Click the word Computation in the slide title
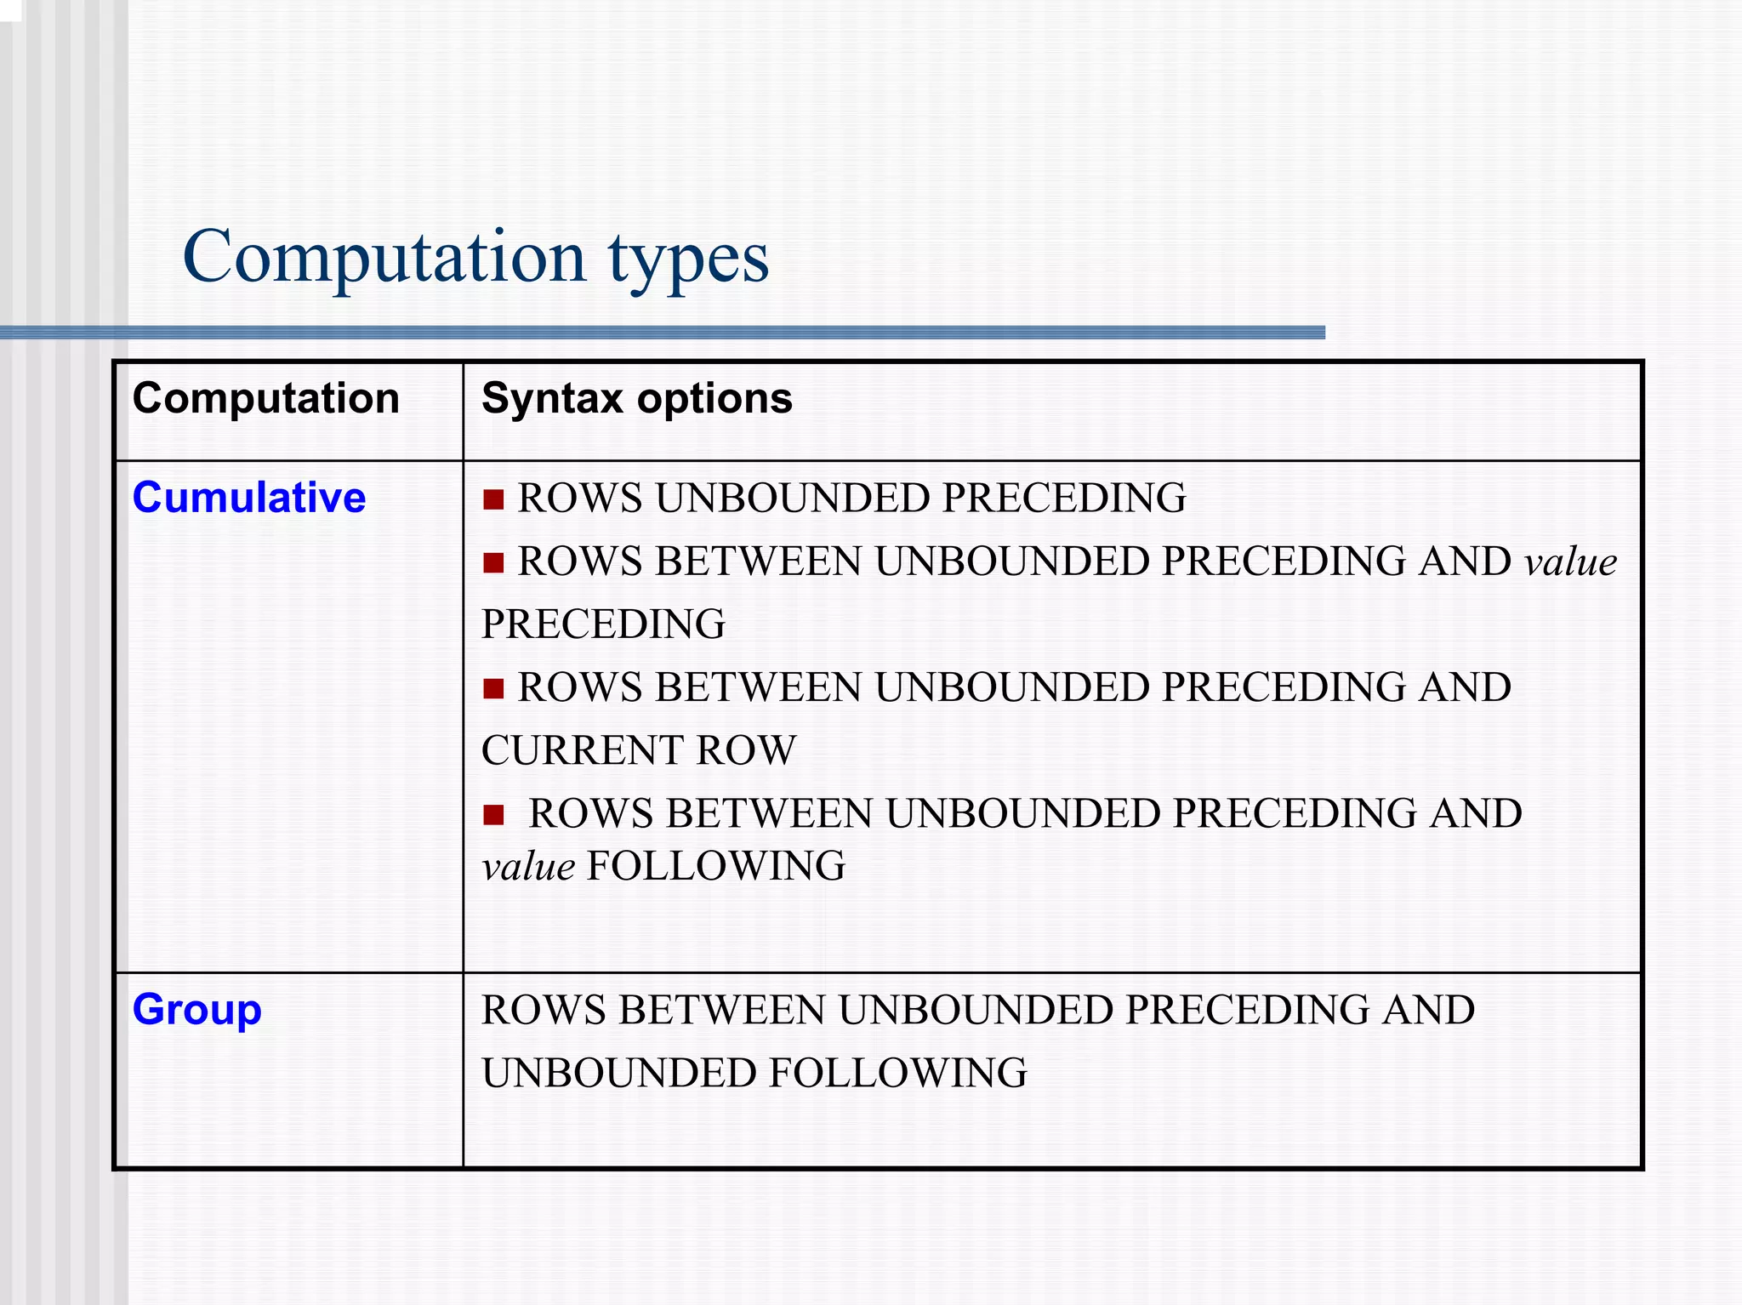pos(384,257)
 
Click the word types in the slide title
pos(688,259)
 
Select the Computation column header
pos(265,398)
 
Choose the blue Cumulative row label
pos(249,497)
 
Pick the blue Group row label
pos(196,1010)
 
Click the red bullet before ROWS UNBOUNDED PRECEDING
pos(493,499)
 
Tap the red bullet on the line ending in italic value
pos(493,562)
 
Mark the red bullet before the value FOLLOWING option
pos(493,815)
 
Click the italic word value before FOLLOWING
pos(528,867)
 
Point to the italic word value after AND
pos(1570,562)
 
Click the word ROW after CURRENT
pos(746,750)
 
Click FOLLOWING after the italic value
pos(716,866)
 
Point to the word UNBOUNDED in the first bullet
pos(793,499)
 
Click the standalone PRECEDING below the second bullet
pos(603,624)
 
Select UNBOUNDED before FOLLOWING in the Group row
pos(618,1073)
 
